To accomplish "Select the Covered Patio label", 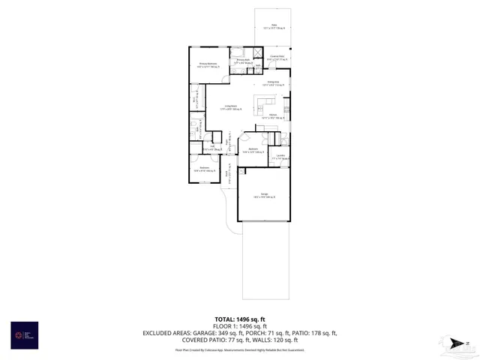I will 276,58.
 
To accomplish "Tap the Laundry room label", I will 280,157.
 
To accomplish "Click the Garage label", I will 264,196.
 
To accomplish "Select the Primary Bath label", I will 242,61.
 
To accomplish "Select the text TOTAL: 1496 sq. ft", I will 240,319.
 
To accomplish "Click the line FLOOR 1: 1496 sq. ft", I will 240,326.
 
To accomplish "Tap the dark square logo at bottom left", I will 24,335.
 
